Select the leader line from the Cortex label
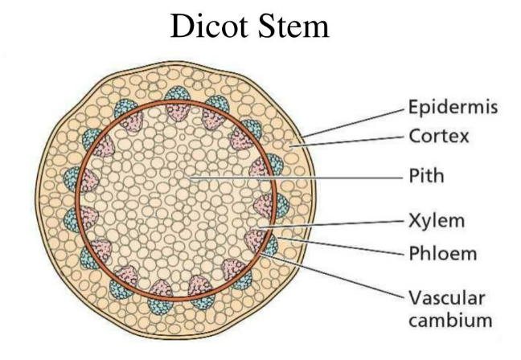[354, 142]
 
